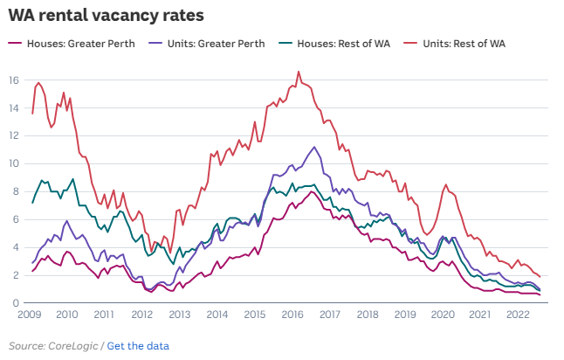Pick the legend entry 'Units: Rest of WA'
[x=464, y=43]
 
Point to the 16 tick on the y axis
[x=14, y=80]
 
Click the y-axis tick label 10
[x=14, y=163]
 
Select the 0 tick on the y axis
[x=17, y=303]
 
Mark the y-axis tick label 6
[x=17, y=219]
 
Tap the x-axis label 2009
[x=31, y=315]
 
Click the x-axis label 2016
[x=292, y=315]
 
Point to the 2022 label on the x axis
[x=517, y=315]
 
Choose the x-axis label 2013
[x=180, y=315]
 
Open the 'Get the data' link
[x=138, y=346]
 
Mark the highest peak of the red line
[x=299, y=72]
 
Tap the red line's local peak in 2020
[x=446, y=184]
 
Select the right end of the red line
[x=540, y=276]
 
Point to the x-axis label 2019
[x=404, y=315]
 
